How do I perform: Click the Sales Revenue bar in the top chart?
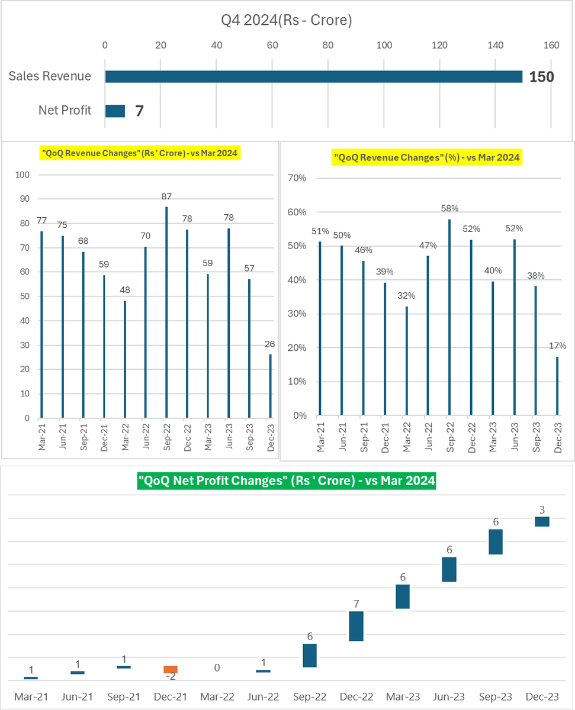(x=313, y=76)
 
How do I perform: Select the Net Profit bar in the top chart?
(x=115, y=111)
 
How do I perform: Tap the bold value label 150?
(x=542, y=76)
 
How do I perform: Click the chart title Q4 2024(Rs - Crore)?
(x=287, y=20)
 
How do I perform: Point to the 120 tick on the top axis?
(x=440, y=45)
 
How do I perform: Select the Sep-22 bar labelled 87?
(x=166, y=312)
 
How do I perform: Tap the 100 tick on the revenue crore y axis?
(x=22, y=175)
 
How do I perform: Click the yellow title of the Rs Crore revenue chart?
(x=139, y=154)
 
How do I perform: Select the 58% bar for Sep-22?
(x=449, y=317)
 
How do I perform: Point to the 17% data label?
(x=557, y=346)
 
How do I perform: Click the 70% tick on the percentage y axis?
(x=297, y=178)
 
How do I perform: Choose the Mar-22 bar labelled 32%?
(x=406, y=360)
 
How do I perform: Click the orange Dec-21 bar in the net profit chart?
(x=171, y=669)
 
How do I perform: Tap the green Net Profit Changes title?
(x=287, y=482)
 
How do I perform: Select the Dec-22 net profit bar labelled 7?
(x=356, y=626)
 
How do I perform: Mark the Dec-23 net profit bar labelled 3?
(x=542, y=521)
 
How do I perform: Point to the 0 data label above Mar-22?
(x=217, y=667)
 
